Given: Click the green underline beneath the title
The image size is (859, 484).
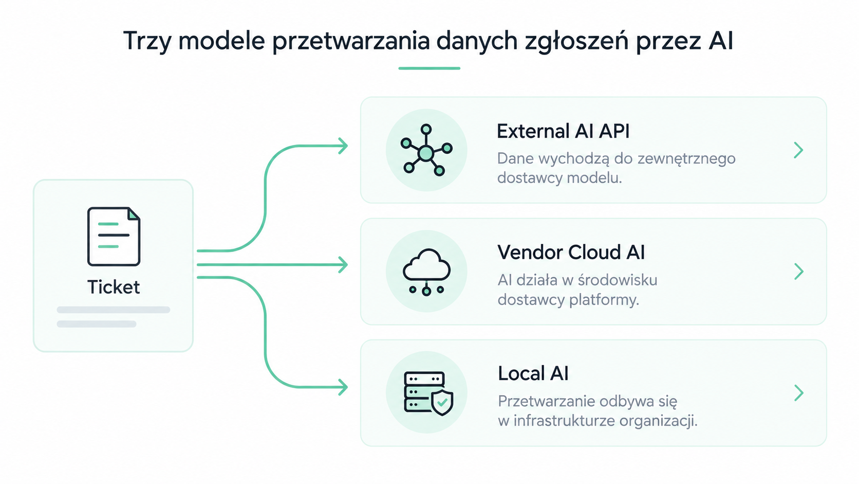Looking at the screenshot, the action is [429, 68].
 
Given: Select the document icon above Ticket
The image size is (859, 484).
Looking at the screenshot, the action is [114, 237].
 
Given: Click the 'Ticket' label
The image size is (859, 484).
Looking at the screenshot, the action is [114, 286].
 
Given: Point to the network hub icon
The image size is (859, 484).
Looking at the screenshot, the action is [426, 150].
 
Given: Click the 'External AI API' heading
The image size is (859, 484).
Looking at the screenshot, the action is [563, 131].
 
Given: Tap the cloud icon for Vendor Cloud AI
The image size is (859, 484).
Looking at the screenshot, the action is [426, 272].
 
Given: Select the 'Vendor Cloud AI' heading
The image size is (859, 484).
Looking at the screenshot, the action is [571, 253].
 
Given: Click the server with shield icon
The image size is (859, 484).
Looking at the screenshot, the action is [429, 393].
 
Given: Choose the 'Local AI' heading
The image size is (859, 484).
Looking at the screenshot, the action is [533, 373].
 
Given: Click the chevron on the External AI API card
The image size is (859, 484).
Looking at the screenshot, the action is [798, 150].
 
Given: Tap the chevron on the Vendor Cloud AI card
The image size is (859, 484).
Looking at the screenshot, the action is [798, 272].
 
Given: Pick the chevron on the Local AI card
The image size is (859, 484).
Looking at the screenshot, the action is [798, 393].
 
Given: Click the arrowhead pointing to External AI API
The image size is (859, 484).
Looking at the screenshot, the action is [343, 146].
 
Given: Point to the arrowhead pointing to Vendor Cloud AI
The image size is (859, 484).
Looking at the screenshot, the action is [343, 265].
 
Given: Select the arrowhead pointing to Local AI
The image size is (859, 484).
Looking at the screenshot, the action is [343, 387].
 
